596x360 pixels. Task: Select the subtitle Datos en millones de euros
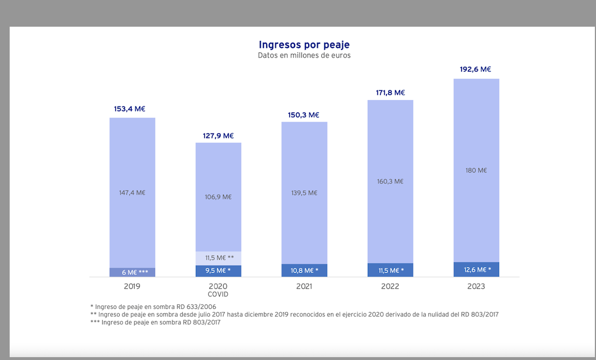(x=304, y=56)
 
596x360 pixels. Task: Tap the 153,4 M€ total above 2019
(x=132, y=109)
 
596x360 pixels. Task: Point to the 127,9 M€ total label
(x=218, y=136)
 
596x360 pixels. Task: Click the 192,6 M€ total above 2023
(x=475, y=69)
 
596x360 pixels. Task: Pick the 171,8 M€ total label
(x=389, y=93)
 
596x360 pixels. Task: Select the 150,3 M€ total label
(x=304, y=115)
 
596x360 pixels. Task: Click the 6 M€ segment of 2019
(x=132, y=273)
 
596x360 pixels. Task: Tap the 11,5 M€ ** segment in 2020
(x=219, y=258)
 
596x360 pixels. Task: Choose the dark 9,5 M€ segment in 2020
(x=219, y=271)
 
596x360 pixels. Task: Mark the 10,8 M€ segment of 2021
(x=304, y=271)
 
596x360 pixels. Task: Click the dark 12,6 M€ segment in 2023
(x=476, y=270)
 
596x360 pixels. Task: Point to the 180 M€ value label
(x=476, y=170)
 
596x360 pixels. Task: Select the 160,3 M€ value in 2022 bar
(x=390, y=182)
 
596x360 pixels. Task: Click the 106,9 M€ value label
(x=218, y=197)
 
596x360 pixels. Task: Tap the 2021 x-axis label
(x=304, y=287)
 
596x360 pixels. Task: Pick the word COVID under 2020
(x=219, y=295)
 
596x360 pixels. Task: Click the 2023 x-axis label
(x=476, y=287)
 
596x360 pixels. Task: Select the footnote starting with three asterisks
(x=152, y=323)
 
